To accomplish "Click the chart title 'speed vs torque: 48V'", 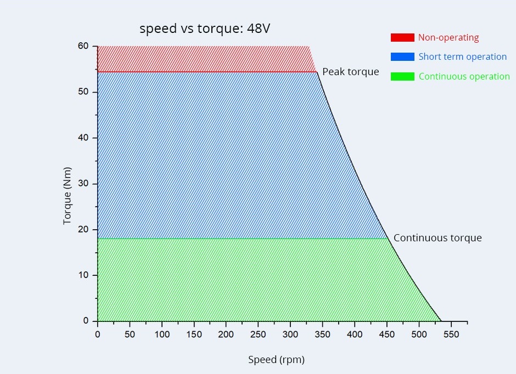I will (204, 29).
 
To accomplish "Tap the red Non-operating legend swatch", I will (402, 38).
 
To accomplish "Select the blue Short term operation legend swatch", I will (402, 57).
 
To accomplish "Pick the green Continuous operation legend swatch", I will (402, 77).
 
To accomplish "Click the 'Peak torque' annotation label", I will (350, 72).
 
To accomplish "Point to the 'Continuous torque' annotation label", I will (438, 238).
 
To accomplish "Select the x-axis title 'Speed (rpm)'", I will (276, 360).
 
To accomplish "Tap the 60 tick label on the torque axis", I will (83, 46).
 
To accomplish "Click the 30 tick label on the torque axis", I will (83, 184).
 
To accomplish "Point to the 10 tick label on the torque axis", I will (83, 275).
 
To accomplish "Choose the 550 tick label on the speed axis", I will (451, 334).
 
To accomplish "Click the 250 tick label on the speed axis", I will (258, 334).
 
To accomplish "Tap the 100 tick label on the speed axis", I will (161, 334).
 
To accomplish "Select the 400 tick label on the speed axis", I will (355, 334).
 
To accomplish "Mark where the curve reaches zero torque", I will (441, 321).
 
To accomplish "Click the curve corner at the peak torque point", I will (317, 72).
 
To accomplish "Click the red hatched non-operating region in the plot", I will (203, 59).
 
